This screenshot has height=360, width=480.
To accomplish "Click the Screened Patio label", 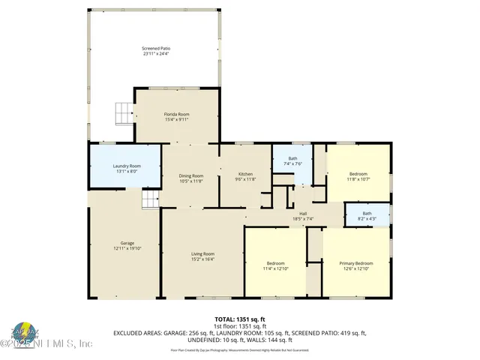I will click(155, 47).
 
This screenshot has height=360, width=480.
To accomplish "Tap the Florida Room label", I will click(176, 114).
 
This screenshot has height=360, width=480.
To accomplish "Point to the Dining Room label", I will click(191, 175).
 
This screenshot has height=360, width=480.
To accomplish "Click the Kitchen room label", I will click(246, 175).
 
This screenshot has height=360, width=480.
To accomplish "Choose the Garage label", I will click(127, 243).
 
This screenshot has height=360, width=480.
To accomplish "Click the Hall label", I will click(304, 214).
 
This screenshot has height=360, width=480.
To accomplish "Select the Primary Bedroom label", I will click(355, 263).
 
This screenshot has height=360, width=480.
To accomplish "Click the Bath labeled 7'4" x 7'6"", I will click(292, 158).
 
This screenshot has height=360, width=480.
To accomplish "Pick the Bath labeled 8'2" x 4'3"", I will click(367, 214).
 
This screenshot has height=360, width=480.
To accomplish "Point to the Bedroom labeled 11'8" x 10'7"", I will click(358, 174).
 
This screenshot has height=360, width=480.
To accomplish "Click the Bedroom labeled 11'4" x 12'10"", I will click(276, 263).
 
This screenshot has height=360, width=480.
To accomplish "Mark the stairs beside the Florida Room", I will click(122, 114).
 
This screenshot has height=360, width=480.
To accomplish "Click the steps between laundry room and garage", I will click(151, 199).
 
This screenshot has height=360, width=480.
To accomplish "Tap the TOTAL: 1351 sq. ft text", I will click(240, 319).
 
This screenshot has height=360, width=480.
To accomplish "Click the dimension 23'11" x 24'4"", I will click(155, 53).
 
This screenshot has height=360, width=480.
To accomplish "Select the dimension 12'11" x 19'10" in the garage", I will click(127, 248).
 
